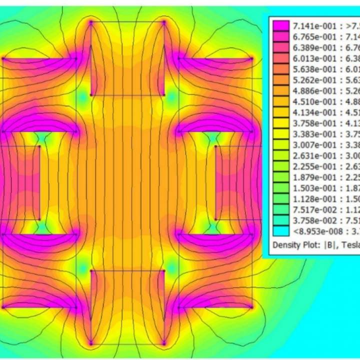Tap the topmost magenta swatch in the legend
point(281,25)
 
